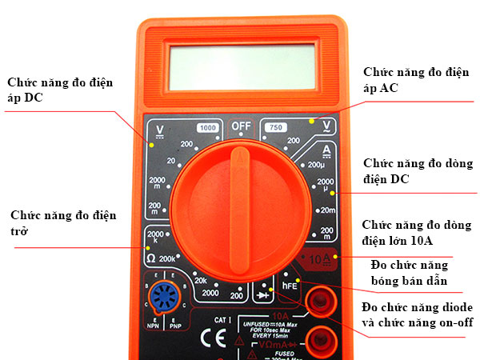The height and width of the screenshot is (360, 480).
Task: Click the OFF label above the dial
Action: [x=241, y=126]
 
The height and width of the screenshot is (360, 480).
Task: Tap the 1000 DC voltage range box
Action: [x=208, y=128]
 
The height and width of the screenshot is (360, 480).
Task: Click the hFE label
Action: [x=290, y=284]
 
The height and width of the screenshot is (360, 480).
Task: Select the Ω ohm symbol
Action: [x=150, y=258]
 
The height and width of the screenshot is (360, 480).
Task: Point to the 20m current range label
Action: [x=328, y=210]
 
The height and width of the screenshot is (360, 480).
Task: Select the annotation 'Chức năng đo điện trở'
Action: [x=63, y=223]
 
